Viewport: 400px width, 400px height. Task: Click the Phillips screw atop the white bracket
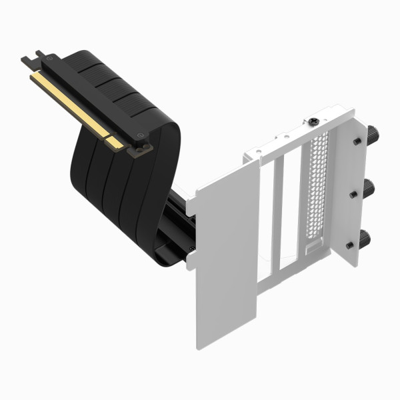click(x=313, y=122)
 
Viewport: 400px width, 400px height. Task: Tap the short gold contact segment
click(x=115, y=141)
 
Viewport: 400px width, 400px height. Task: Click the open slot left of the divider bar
click(x=266, y=213)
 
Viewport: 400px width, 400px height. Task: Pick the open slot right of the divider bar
click(x=291, y=207)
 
